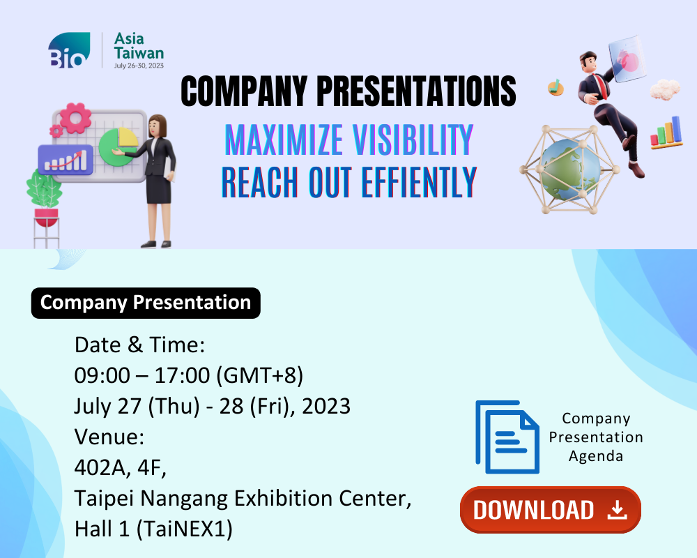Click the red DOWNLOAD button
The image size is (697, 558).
551,509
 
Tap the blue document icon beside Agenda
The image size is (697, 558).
507,437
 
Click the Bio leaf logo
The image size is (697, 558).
69,50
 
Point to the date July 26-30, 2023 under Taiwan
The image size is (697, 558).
139,66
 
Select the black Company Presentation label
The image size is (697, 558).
146,303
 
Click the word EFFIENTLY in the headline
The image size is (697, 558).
419,182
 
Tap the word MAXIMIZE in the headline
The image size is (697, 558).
284,139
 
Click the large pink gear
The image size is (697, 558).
75,118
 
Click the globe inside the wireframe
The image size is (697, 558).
570,169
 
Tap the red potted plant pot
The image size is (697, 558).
46,218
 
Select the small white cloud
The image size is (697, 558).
665,89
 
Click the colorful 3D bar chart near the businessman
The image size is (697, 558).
666,132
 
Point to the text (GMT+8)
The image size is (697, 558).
259,375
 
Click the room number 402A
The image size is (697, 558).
102,467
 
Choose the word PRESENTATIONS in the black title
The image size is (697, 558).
416,91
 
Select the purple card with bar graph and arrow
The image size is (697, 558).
66,159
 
